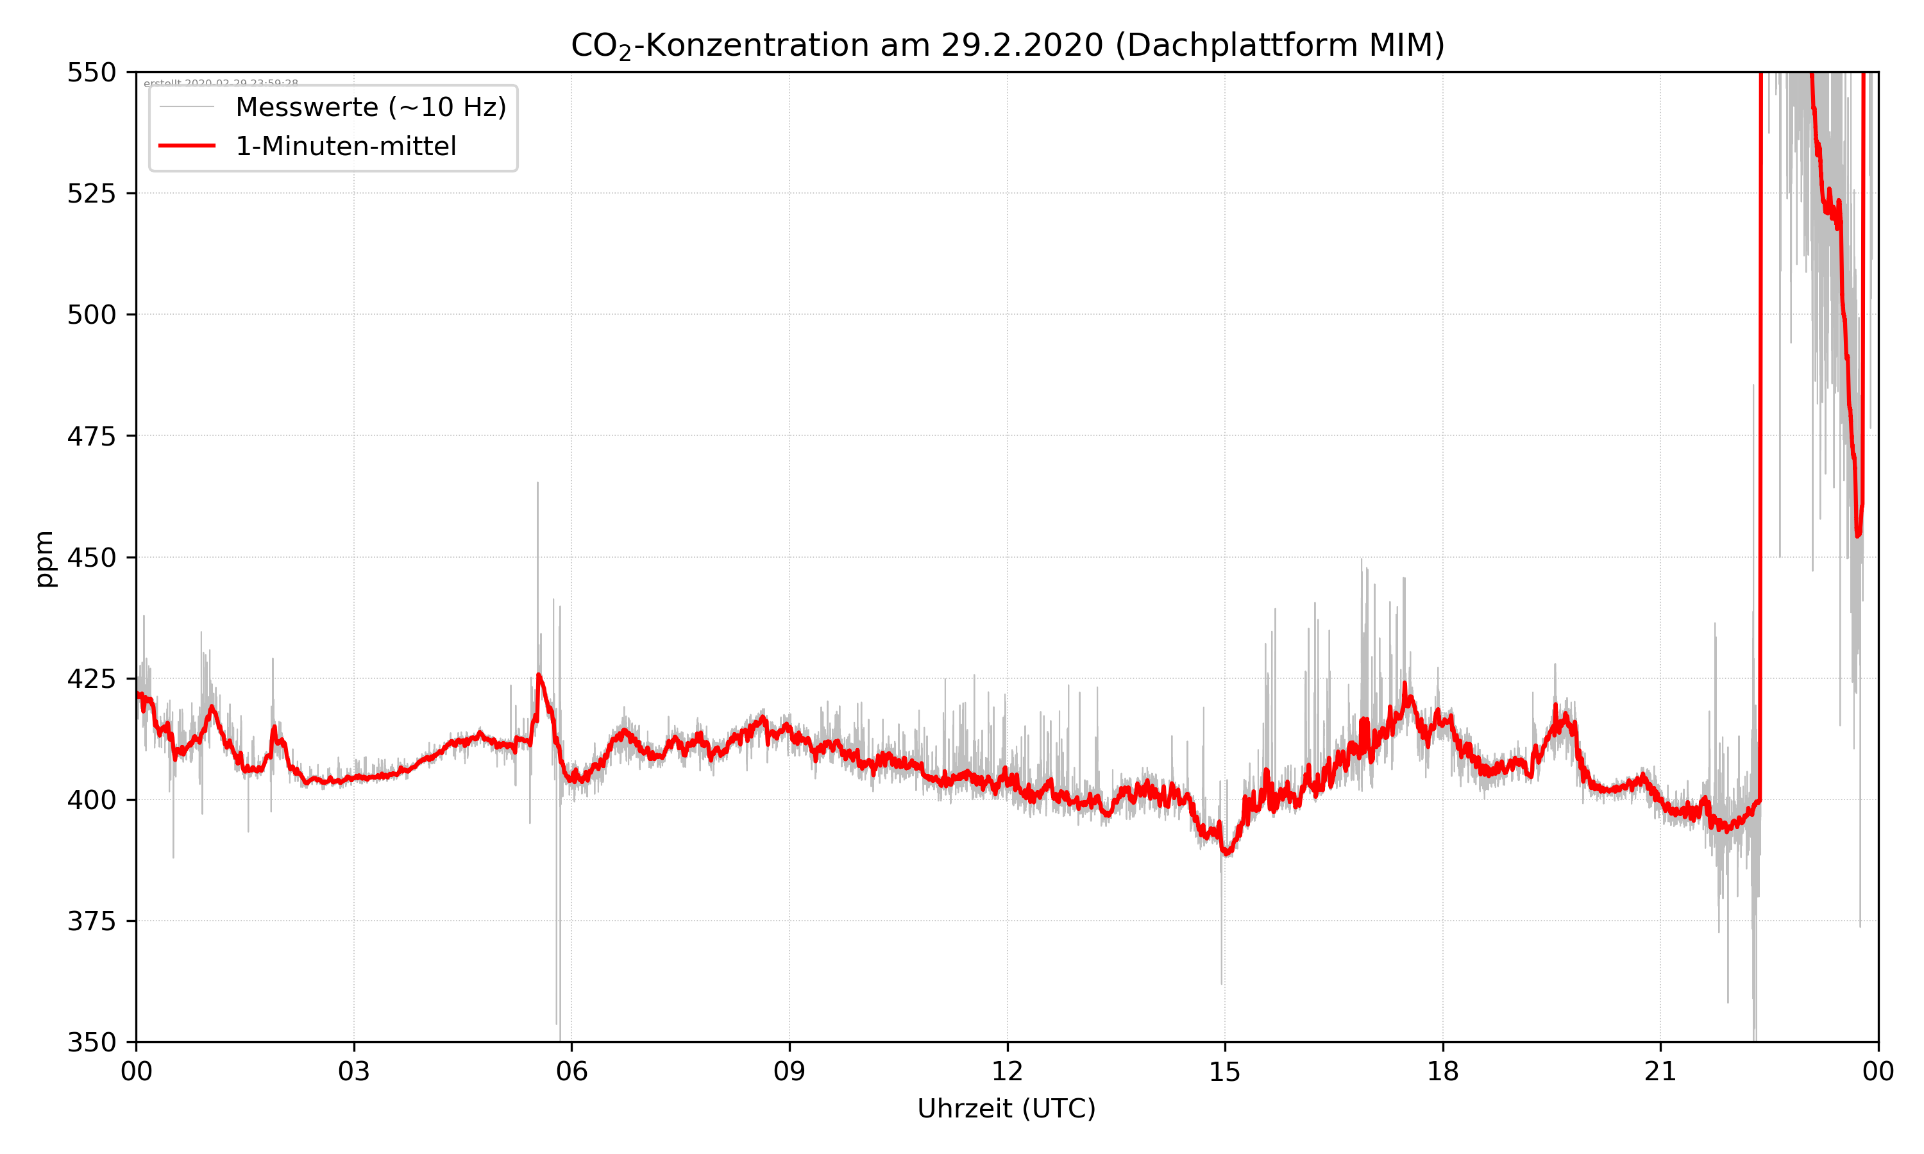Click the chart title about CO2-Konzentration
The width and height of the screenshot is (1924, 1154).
pyautogui.click(x=1007, y=45)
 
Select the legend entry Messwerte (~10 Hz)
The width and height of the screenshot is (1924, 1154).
pyautogui.click(x=370, y=107)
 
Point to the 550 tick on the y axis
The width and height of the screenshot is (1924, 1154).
pyautogui.click(x=92, y=72)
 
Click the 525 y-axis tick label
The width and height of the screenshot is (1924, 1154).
pyautogui.click(x=92, y=194)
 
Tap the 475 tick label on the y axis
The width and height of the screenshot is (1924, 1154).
pyautogui.click(x=92, y=436)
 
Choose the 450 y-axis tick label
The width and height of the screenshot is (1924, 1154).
pyautogui.click(x=92, y=558)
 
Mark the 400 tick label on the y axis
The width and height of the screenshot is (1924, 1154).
pyautogui.click(x=92, y=800)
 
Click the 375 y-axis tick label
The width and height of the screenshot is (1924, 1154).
pyautogui.click(x=92, y=921)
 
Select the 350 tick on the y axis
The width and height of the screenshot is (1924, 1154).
pyautogui.click(x=92, y=1043)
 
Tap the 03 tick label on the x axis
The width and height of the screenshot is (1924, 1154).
pyautogui.click(x=354, y=1071)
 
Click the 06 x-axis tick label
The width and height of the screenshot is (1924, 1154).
pyautogui.click(x=571, y=1071)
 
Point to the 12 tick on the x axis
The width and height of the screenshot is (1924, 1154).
pyautogui.click(x=1007, y=1071)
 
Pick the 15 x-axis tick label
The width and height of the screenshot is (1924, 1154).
pyautogui.click(x=1225, y=1071)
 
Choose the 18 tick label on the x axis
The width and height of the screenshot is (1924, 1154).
pyautogui.click(x=1442, y=1071)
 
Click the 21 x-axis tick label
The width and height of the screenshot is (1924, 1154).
pyautogui.click(x=1660, y=1071)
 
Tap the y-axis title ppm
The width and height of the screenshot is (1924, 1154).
pyautogui.click(x=44, y=558)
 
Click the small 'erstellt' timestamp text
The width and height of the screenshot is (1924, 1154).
pyautogui.click(x=221, y=83)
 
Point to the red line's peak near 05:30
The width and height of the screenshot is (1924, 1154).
pyautogui.click(x=538, y=675)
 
